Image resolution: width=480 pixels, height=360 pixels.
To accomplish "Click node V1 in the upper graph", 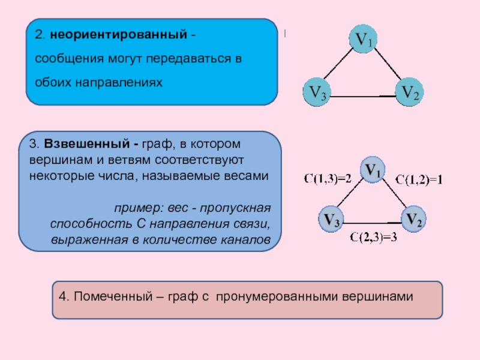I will click(x=364, y=40).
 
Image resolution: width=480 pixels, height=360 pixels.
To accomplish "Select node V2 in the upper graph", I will click(x=411, y=93).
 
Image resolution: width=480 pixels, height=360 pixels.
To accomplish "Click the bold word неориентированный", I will click(x=119, y=35).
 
